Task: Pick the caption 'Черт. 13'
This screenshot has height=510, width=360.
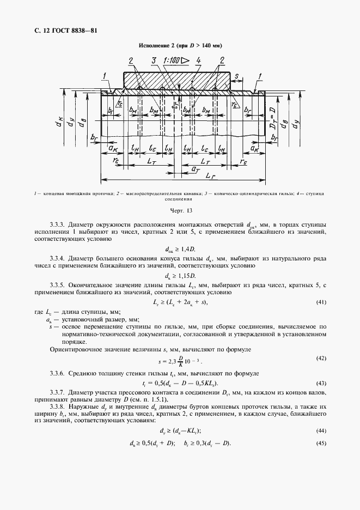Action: [x=180, y=210]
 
